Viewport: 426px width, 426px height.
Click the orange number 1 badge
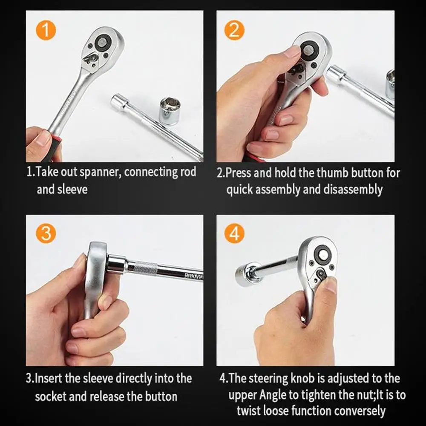[46, 30]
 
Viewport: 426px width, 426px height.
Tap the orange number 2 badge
[234, 30]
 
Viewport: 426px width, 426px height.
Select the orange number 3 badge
[46, 233]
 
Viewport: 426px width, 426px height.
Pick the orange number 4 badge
[234, 233]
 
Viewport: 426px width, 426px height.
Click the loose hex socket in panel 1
[169, 111]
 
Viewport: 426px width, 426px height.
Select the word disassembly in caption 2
[353, 190]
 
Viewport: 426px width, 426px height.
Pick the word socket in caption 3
[51, 396]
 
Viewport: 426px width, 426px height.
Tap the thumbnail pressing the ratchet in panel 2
[292, 52]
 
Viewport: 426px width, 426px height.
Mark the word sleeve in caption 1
[72, 189]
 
